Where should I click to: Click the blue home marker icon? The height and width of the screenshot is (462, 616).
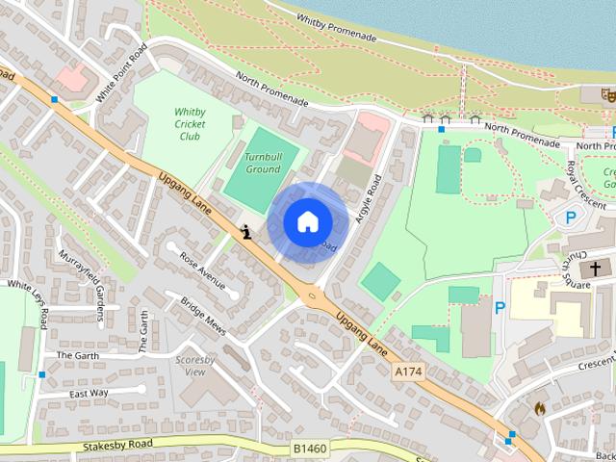[x=307, y=221]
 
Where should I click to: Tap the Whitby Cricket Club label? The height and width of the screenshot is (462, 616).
[x=190, y=124]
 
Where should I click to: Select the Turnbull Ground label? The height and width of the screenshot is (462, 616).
[x=262, y=163]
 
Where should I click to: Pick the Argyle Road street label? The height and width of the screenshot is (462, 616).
[x=369, y=199]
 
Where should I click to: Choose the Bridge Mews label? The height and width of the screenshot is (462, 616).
[x=203, y=315]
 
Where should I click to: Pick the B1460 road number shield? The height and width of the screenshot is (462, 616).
[x=310, y=447]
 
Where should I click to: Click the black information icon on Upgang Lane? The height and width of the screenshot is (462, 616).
[x=247, y=231]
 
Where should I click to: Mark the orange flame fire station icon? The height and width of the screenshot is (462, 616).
[x=539, y=407]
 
